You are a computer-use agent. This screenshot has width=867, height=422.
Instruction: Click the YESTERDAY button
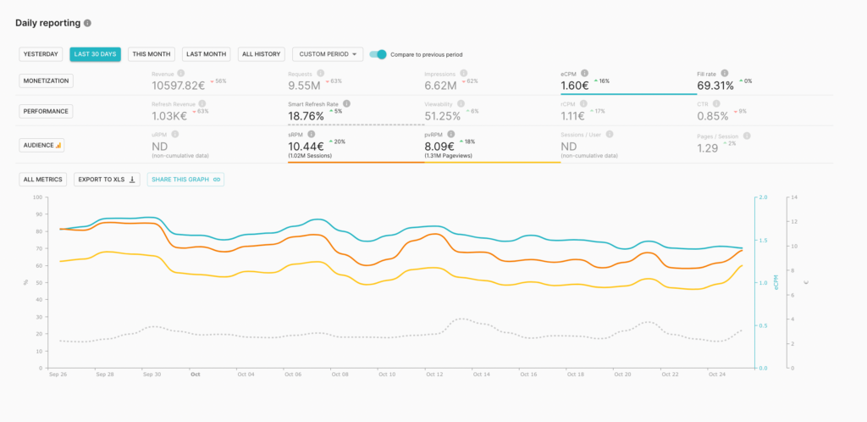tap(41, 54)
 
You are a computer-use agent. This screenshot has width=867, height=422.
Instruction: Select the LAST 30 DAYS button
tap(95, 54)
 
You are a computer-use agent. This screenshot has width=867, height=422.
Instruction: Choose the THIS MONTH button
tap(152, 54)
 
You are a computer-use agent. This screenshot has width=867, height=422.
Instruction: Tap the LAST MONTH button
tap(207, 54)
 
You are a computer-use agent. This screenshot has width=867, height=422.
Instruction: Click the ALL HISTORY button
tap(261, 54)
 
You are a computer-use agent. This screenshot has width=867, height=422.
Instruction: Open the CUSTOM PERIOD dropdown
tap(328, 54)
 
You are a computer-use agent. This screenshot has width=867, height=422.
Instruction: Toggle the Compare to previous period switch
tap(378, 54)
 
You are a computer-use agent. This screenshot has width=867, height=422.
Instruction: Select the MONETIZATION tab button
tap(46, 81)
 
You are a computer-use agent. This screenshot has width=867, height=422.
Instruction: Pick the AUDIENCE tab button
tap(42, 145)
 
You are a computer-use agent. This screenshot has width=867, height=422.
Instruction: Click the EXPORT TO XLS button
tap(107, 180)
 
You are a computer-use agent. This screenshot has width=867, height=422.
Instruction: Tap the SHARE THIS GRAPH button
tap(185, 180)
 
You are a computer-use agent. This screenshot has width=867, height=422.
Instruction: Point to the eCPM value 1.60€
tap(574, 85)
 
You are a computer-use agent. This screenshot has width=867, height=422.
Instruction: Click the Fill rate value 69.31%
tap(716, 85)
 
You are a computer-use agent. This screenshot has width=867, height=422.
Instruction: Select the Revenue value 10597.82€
tap(179, 85)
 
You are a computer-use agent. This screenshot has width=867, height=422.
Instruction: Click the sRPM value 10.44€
tap(306, 147)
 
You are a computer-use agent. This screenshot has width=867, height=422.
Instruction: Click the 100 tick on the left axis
tap(36, 197)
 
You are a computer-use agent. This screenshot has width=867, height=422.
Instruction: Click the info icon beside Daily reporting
tap(88, 23)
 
